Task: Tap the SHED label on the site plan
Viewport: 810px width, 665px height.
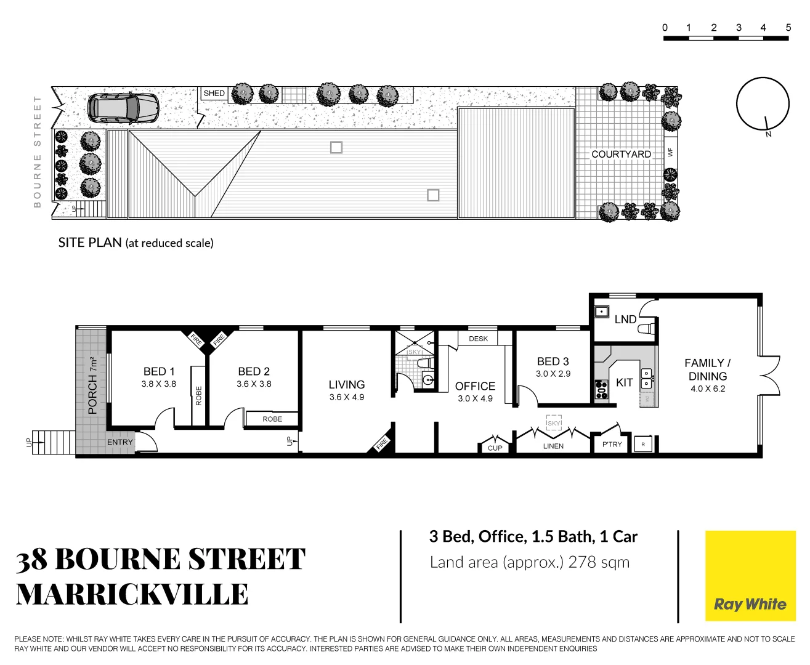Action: [214, 94]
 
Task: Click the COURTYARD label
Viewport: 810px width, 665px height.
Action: [621, 154]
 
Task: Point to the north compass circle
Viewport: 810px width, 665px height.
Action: [763, 104]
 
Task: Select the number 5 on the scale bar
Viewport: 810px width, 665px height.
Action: [788, 28]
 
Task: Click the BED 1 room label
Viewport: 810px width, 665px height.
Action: [159, 371]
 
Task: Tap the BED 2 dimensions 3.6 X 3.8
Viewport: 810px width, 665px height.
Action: [254, 384]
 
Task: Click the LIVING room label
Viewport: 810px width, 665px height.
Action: [347, 384]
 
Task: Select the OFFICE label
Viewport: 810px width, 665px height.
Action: [475, 386]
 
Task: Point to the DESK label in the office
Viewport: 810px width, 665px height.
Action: [478, 339]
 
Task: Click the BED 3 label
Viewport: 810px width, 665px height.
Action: [553, 361]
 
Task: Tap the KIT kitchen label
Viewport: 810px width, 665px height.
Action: [624, 382]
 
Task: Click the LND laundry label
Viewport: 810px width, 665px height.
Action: [625, 319]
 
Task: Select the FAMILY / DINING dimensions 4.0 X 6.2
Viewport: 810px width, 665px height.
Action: [708, 389]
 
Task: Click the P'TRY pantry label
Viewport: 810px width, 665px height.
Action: [612, 444]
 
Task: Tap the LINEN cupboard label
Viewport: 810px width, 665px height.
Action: [553, 446]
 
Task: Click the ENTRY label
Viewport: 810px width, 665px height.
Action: [120, 442]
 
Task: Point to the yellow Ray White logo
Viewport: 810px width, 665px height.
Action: [750, 575]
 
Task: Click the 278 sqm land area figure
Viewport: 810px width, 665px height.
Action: [599, 562]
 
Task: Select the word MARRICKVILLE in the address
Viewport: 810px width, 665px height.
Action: [132, 594]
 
